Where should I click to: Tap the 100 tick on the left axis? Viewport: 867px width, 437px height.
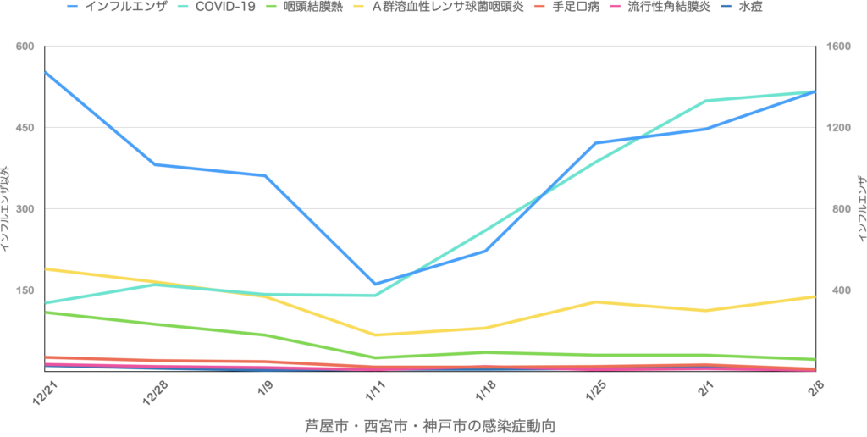click(x=25, y=290)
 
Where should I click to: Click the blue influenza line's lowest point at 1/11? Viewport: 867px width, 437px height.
click(x=375, y=285)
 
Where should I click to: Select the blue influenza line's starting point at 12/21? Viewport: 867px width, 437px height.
click(x=45, y=73)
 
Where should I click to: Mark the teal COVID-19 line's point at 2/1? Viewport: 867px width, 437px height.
click(x=706, y=101)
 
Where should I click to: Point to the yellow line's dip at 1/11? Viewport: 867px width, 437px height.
click(x=375, y=335)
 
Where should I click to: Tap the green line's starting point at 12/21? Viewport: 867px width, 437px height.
click(x=45, y=312)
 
